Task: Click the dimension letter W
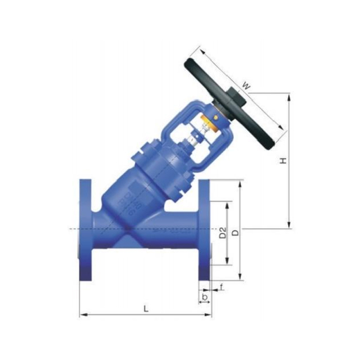coord(246,85)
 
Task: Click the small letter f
coord(222,288)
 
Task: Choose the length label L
coord(146,308)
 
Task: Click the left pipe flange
coord(85,231)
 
